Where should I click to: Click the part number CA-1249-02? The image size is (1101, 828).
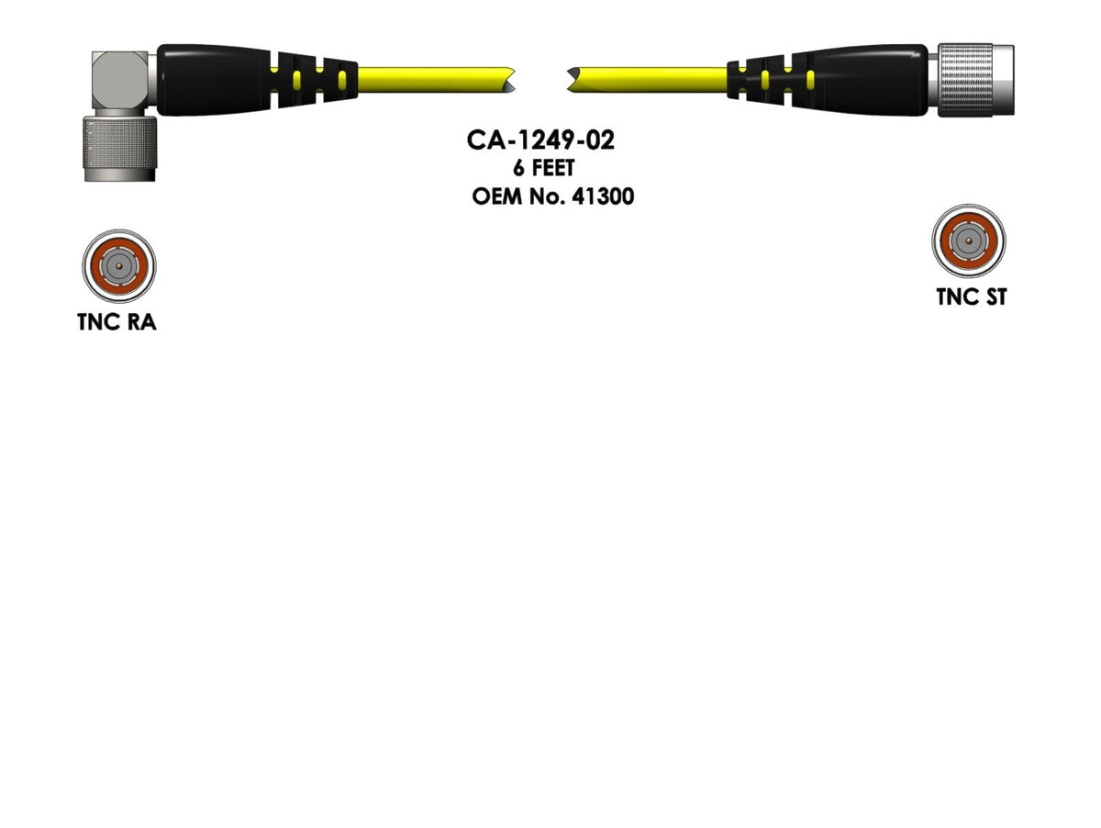click(x=539, y=140)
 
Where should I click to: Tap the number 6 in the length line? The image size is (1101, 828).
click(x=519, y=169)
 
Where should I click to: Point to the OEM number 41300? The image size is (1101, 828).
click(x=602, y=196)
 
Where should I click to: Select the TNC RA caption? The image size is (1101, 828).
click(x=117, y=322)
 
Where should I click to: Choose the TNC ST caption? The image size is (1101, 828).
click(x=971, y=297)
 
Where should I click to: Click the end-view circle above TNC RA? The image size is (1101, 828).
click(x=117, y=266)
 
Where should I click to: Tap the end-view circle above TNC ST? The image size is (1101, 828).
click(x=969, y=241)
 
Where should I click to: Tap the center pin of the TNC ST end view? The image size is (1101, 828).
click(x=969, y=241)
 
